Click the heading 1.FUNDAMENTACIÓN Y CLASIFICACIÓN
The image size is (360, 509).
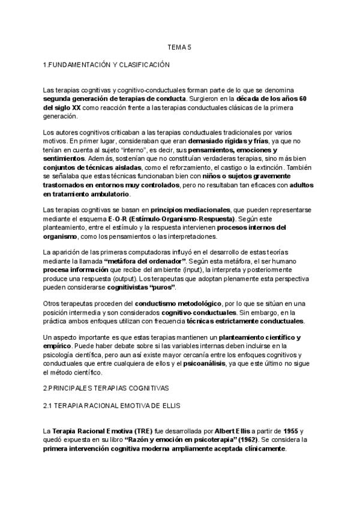click(107, 64)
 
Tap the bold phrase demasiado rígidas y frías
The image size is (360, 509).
click(232, 140)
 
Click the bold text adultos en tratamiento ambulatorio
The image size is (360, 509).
click(87, 194)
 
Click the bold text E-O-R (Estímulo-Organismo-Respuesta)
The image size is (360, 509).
click(176, 219)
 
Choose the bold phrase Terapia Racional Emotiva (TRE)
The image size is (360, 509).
click(102, 432)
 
